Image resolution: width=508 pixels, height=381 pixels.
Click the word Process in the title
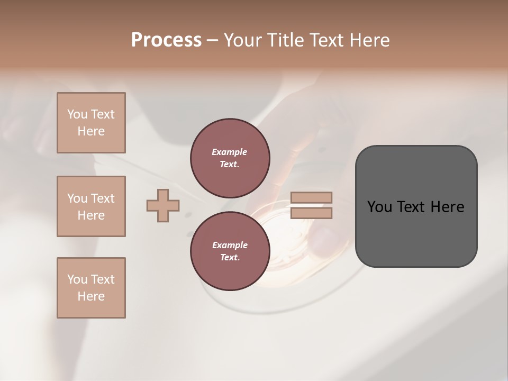tap(166, 40)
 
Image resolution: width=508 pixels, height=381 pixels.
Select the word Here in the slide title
tap(369, 40)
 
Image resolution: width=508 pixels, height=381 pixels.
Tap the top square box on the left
tap(91, 123)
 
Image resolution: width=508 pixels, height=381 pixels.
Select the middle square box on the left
tap(91, 206)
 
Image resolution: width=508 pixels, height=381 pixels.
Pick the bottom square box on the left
tap(91, 288)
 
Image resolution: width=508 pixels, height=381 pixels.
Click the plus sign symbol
tap(163, 205)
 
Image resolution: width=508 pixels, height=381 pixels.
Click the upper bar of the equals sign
tap(311, 197)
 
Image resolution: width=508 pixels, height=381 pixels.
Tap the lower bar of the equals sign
tap(311, 213)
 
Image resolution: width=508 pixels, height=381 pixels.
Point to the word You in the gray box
tap(379, 207)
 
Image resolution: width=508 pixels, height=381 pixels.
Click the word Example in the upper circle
tap(230, 152)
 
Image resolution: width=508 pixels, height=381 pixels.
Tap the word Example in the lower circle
tap(230, 245)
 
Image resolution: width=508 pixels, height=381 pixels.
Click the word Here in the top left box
tap(91, 131)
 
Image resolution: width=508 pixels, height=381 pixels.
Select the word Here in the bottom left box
tap(91, 296)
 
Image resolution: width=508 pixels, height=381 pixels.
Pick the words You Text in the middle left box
tap(91, 198)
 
